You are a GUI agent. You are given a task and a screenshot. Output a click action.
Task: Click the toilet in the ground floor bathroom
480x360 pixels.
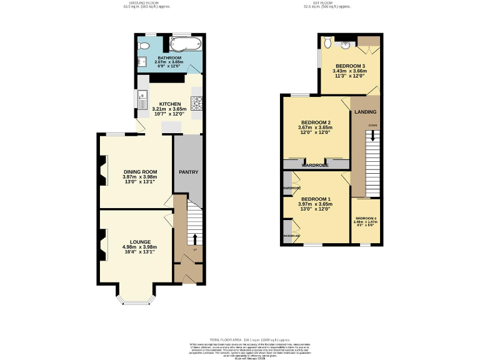(x=144, y=46)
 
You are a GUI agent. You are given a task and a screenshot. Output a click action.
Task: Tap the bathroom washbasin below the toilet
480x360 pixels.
(x=142, y=60)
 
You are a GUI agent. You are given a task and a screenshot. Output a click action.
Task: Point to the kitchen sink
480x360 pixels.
(x=142, y=100)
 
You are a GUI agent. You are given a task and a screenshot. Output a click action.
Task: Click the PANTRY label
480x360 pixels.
(x=188, y=172)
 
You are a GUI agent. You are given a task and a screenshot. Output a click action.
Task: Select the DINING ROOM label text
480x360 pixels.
(x=139, y=171)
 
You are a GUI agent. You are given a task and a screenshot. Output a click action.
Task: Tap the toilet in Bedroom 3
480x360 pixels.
(x=329, y=44)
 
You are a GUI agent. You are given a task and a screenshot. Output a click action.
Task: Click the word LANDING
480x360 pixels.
(x=365, y=112)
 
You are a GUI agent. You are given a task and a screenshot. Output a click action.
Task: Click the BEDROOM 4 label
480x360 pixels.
(x=366, y=217)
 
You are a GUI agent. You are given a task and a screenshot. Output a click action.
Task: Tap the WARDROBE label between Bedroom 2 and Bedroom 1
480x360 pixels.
(x=316, y=166)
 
